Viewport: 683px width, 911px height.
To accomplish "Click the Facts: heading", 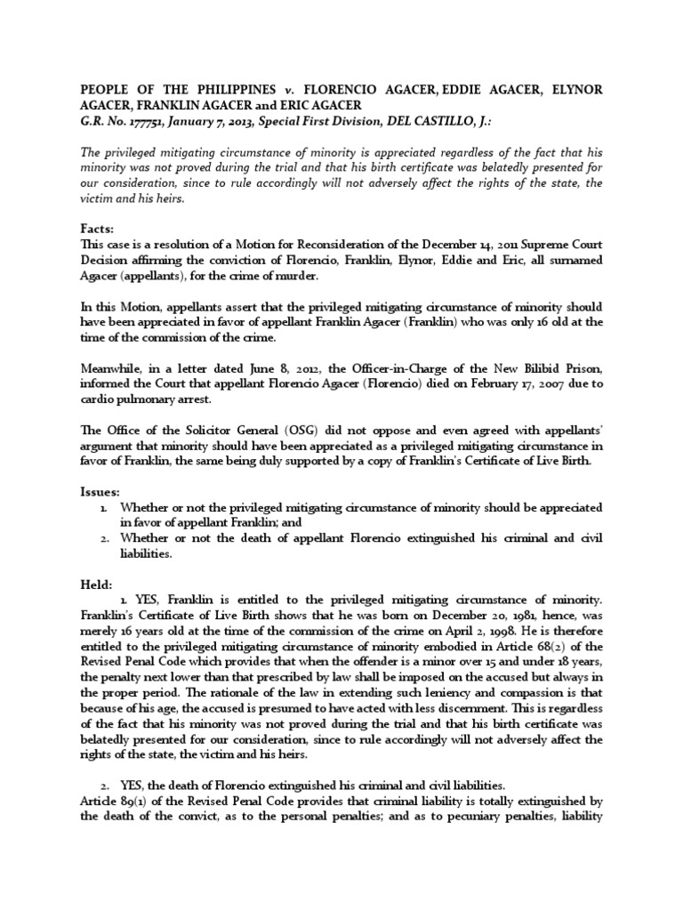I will pos(99,229).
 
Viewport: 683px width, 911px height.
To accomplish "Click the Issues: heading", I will pos(101,490).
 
